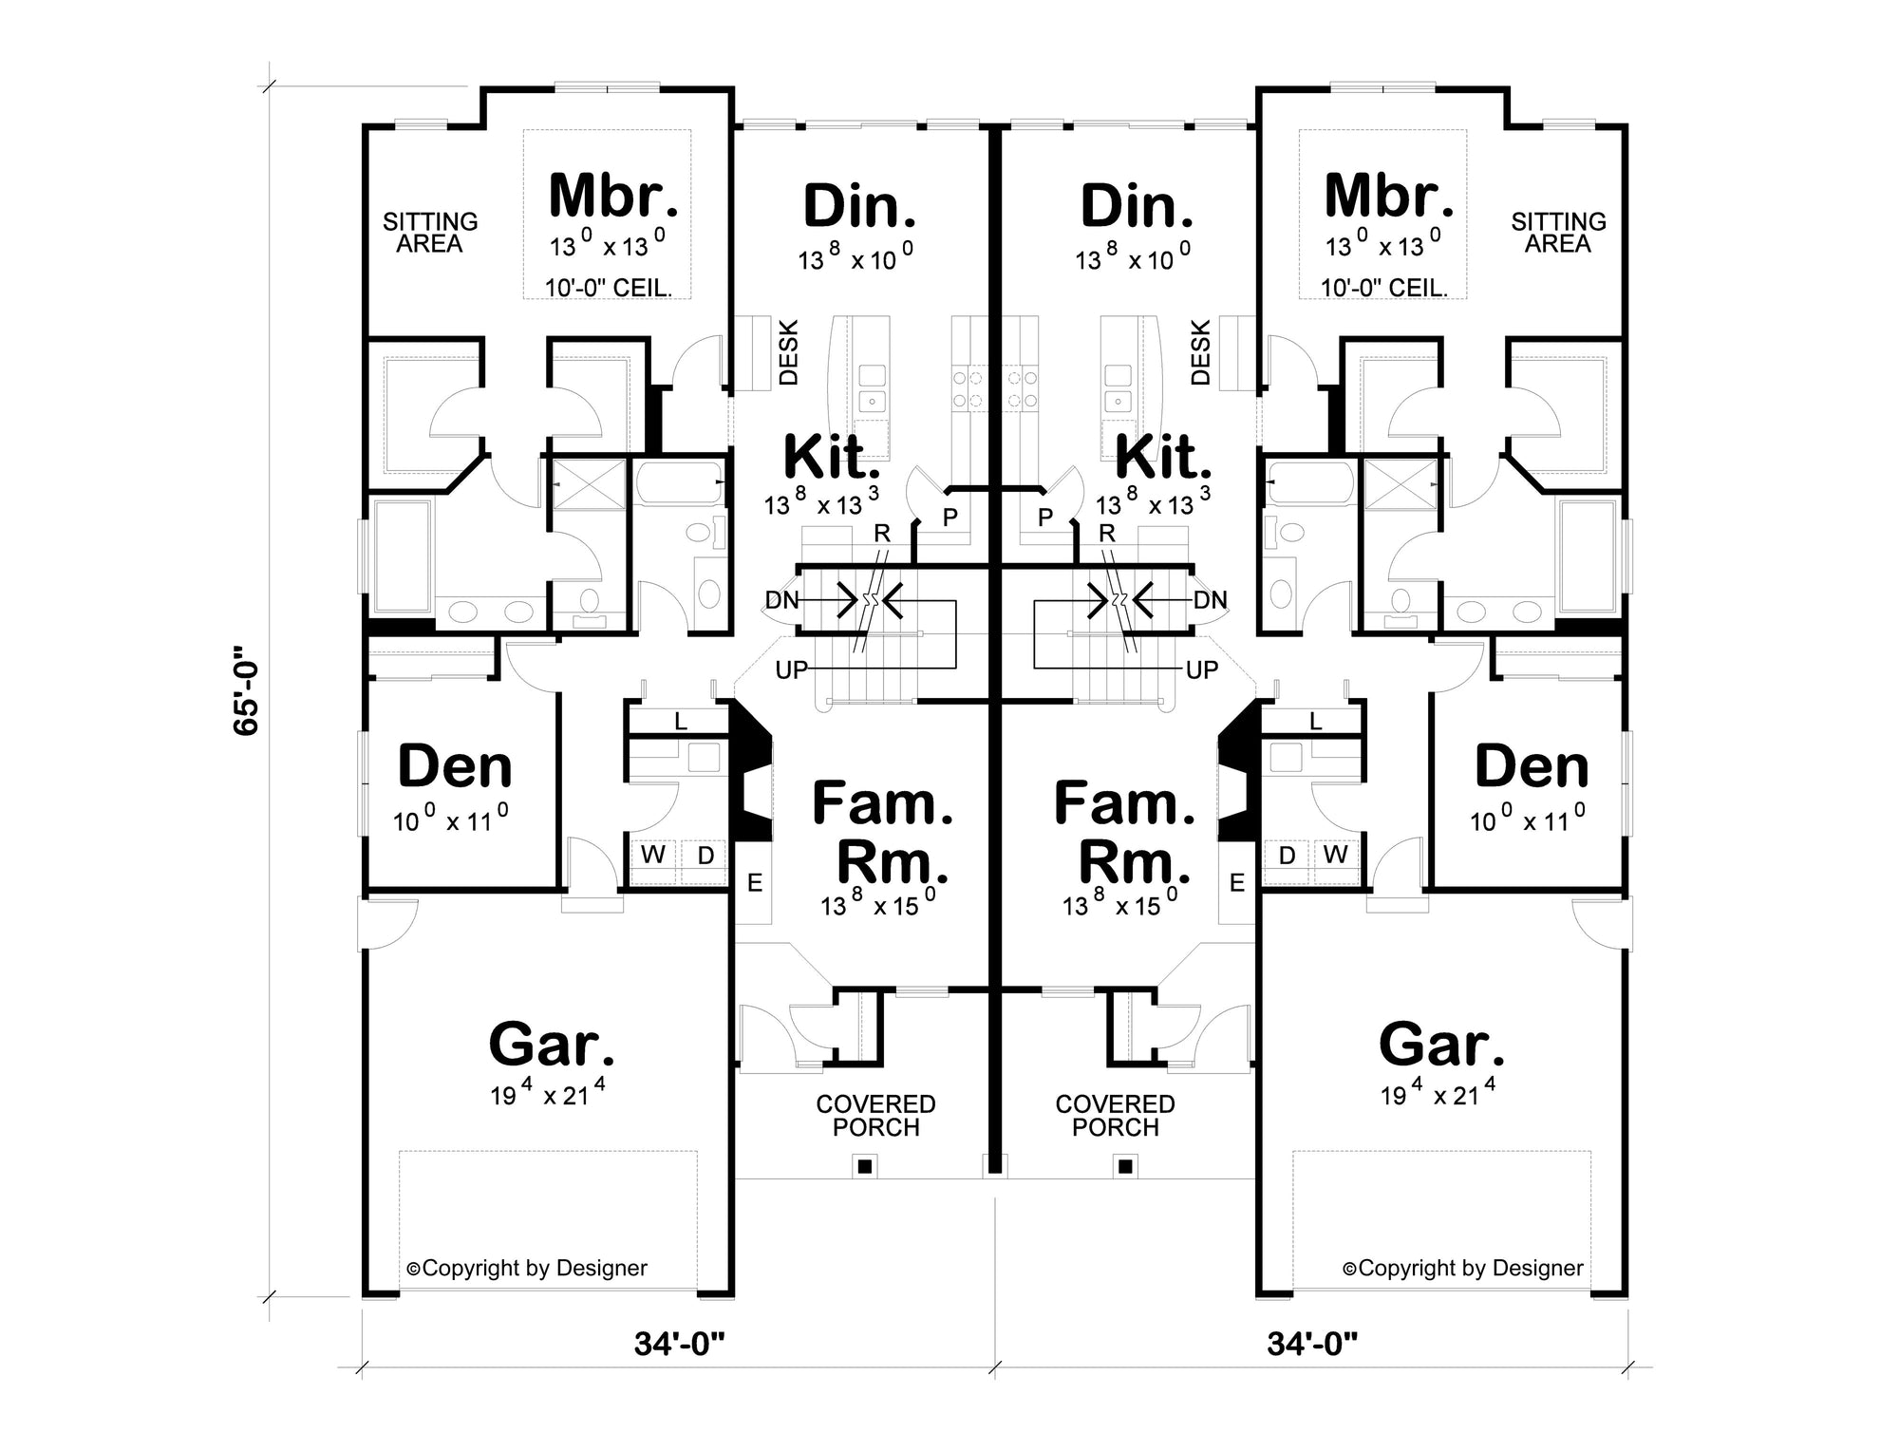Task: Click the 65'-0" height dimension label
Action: [x=246, y=691]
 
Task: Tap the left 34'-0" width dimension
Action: [x=679, y=1344]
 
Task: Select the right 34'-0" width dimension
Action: [x=1312, y=1344]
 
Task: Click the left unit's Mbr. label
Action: [x=613, y=195]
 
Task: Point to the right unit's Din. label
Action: [x=1137, y=206]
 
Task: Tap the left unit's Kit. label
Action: [x=831, y=457]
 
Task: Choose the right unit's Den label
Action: [x=1532, y=766]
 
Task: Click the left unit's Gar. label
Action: [x=552, y=1045]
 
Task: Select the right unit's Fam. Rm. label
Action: [x=1124, y=832]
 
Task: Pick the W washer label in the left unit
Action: [x=652, y=855]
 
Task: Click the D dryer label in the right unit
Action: [x=1287, y=855]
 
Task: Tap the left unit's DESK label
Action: [x=788, y=352]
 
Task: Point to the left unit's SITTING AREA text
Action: [x=430, y=233]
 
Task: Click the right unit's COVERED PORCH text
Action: [x=1116, y=1116]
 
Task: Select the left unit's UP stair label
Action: [x=792, y=670]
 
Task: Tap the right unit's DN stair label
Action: [x=1211, y=600]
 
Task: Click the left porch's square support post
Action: [x=864, y=1165]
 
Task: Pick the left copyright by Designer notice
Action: [x=527, y=1268]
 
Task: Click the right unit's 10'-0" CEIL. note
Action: [x=1384, y=287]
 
